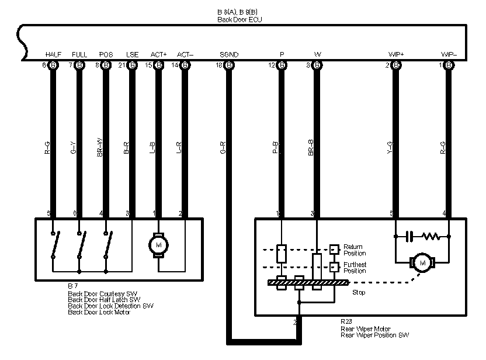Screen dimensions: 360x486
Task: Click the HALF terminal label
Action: pos(53,55)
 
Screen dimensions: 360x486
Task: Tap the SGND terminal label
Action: pos(229,55)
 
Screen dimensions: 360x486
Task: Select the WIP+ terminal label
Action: pos(396,55)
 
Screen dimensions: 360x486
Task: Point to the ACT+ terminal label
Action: pos(158,55)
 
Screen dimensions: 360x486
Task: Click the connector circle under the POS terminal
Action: pos(106,65)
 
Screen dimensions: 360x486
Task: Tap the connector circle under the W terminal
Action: pos(317,65)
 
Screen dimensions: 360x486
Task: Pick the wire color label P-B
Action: pos(276,148)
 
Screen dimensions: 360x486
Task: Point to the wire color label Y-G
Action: pos(390,148)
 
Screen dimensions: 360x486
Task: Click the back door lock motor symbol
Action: pos(158,244)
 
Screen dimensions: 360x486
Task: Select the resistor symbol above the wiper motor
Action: pos(431,237)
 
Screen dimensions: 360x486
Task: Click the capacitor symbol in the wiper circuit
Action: pos(410,237)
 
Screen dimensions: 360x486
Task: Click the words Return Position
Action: pos(354,250)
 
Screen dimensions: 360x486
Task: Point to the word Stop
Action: pos(359,292)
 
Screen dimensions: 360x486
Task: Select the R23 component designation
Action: pos(346,322)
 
